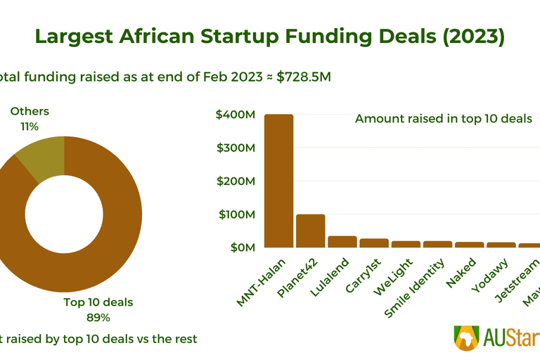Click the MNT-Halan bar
pyautogui.click(x=278, y=181)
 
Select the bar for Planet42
pyautogui.click(x=310, y=231)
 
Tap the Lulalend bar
pyautogui.click(x=342, y=242)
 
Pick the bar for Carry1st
pyautogui.click(x=374, y=243)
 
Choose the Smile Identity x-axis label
pyautogui.click(x=416, y=288)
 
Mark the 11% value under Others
pyautogui.click(x=30, y=127)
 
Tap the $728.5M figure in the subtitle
pyautogui.click(x=302, y=77)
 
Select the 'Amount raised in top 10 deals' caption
pyautogui.click(x=444, y=118)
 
